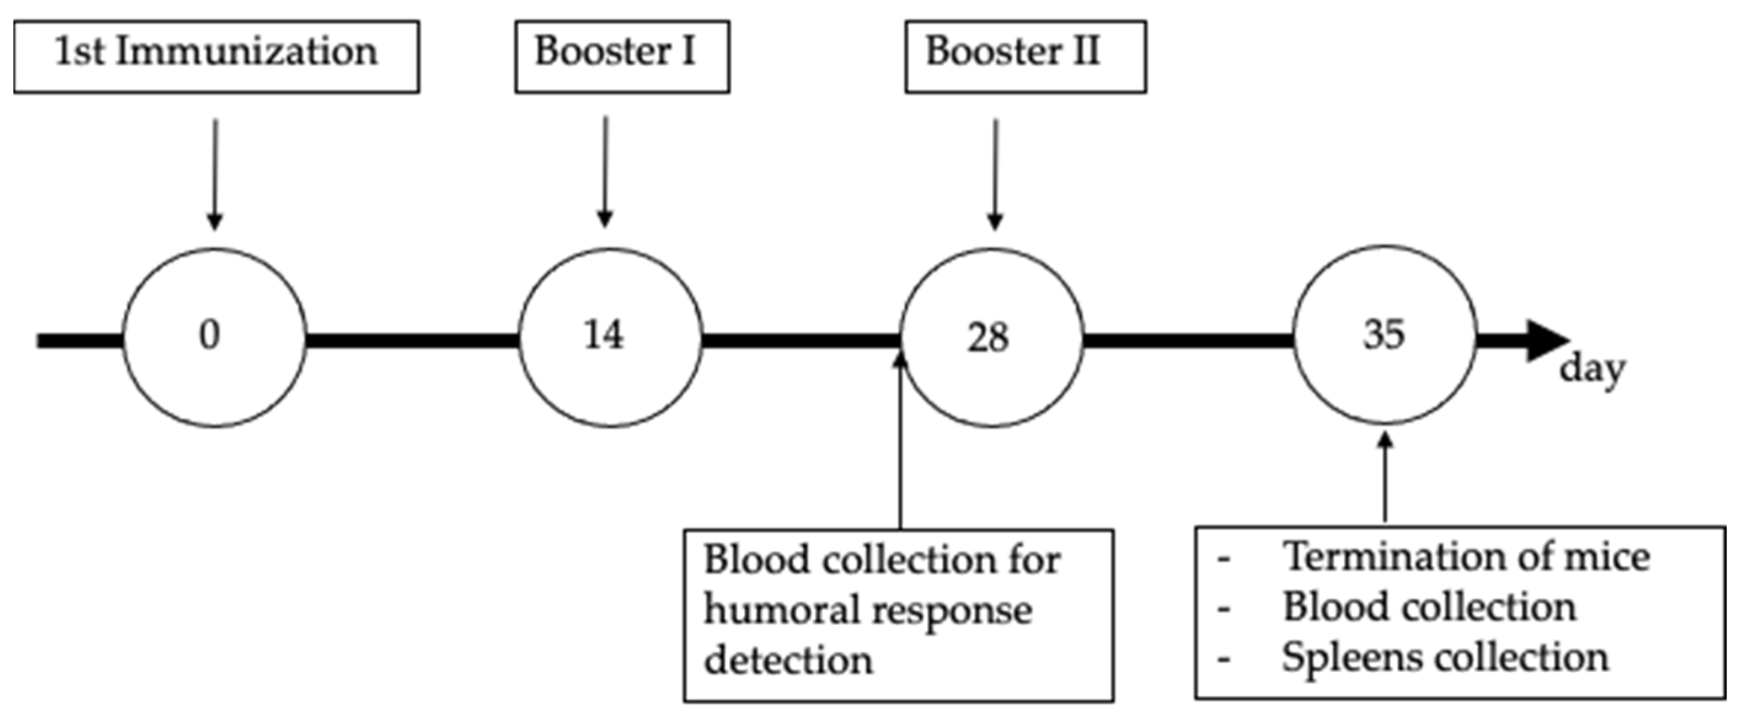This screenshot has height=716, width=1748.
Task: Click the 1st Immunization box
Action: click(216, 57)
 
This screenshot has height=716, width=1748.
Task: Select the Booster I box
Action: click(622, 57)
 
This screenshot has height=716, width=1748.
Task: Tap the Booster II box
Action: click(1026, 57)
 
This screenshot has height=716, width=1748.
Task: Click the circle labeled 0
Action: click(215, 337)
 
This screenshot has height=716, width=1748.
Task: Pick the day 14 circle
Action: click(610, 337)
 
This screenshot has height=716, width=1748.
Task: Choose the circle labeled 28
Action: click(991, 337)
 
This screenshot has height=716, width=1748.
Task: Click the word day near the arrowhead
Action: click(1592, 370)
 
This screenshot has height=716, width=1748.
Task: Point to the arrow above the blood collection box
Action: click(901, 441)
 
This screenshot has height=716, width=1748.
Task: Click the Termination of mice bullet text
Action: click(1466, 557)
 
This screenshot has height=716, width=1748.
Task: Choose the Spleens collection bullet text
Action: click(1445, 658)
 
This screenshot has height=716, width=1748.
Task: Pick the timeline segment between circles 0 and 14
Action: click(412, 340)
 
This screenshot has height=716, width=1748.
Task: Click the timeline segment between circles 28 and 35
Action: click(1187, 340)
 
